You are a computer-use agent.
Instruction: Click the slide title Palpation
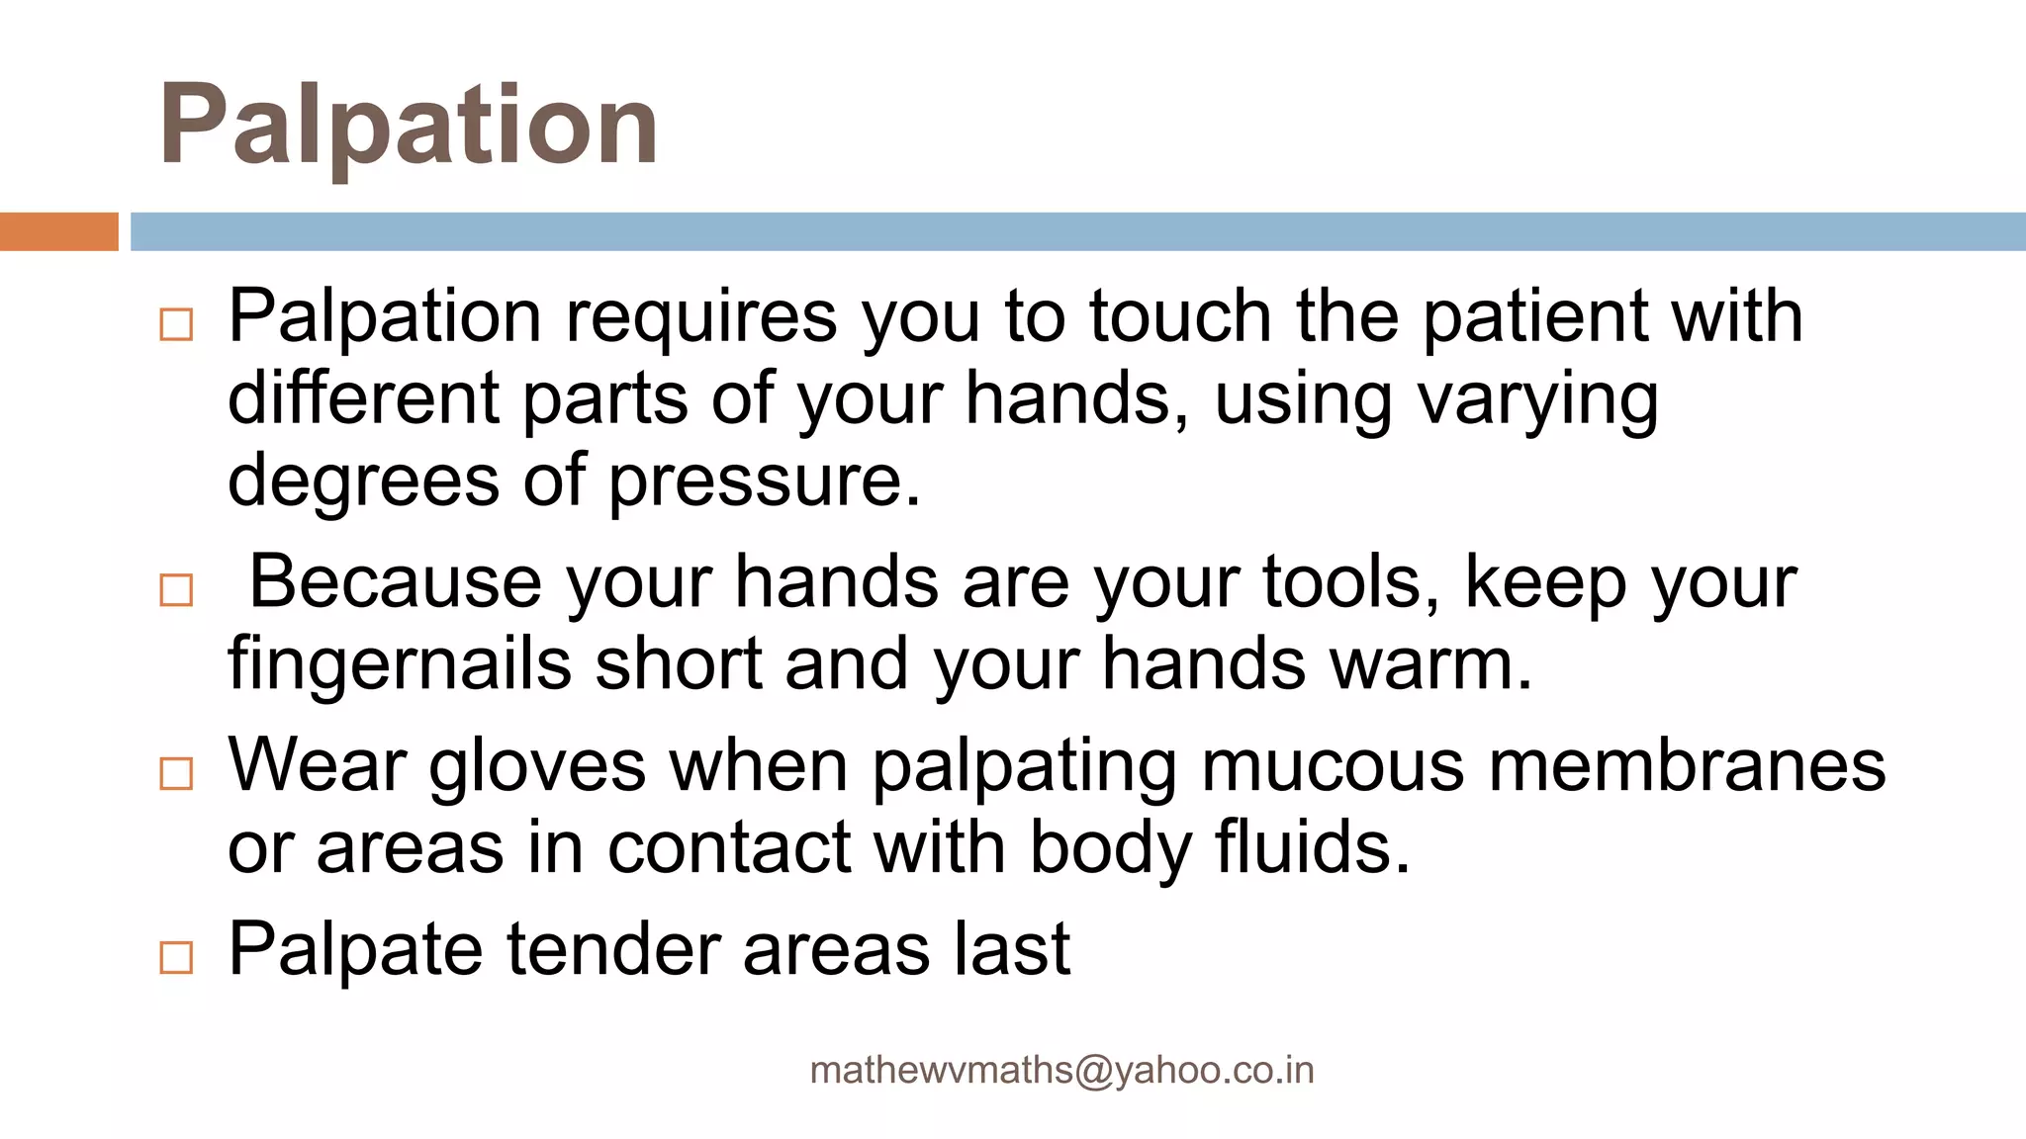click(408, 126)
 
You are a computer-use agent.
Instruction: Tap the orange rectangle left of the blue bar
click(58, 231)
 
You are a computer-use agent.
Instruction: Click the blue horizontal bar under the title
click(1077, 231)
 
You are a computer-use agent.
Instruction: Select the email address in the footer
click(1061, 1071)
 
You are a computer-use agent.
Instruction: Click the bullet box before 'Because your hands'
click(176, 590)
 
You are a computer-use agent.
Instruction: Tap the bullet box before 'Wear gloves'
click(176, 773)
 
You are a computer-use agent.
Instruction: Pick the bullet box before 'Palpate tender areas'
click(176, 957)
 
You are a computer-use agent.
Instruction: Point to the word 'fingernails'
click(400, 666)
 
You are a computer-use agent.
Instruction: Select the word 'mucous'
click(1332, 766)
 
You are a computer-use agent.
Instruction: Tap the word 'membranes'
click(1688, 766)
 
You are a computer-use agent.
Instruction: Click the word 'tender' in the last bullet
click(613, 950)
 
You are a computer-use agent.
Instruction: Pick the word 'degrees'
click(363, 482)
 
